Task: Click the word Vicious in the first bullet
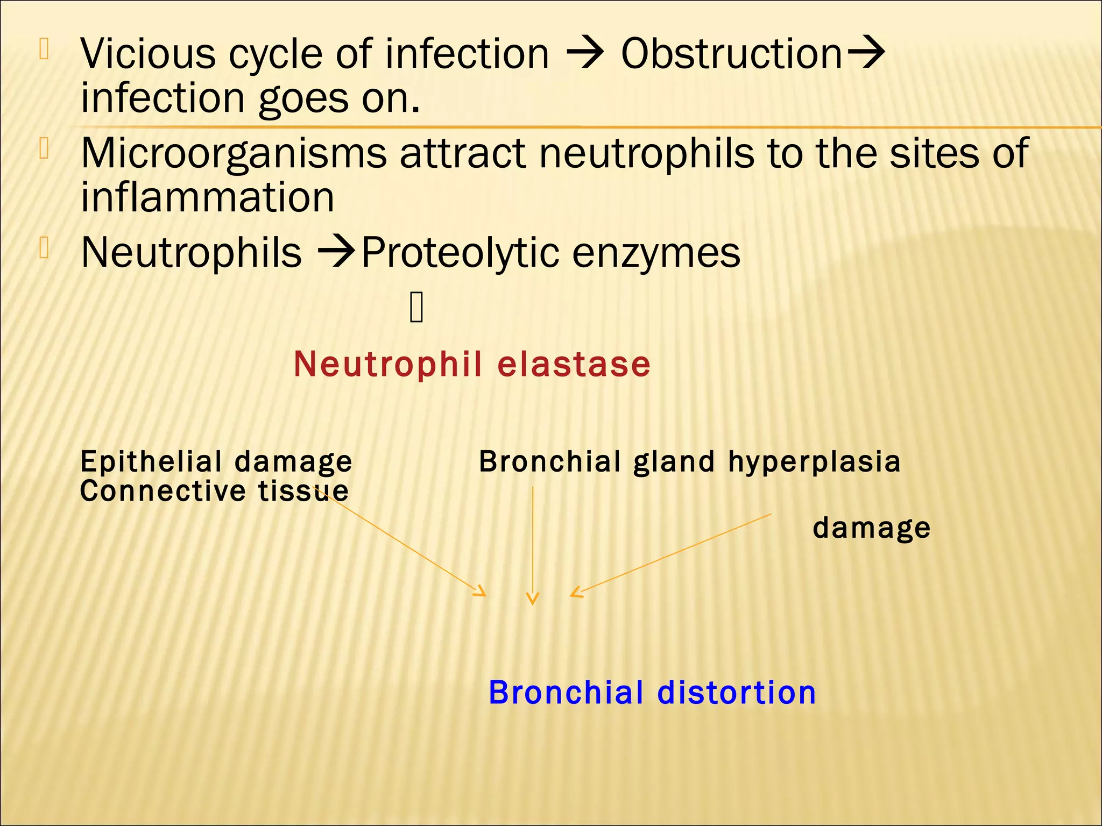click(x=149, y=54)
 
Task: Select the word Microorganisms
click(x=234, y=153)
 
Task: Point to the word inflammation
click(x=208, y=197)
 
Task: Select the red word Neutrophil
click(x=388, y=365)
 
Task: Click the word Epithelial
click(x=151, y=462)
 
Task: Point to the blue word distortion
click(x=737, y=693)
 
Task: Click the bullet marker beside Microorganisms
click(x=44, y=148)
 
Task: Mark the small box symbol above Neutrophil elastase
click(x=416, y=307)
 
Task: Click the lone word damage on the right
click(x=871, y=528)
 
